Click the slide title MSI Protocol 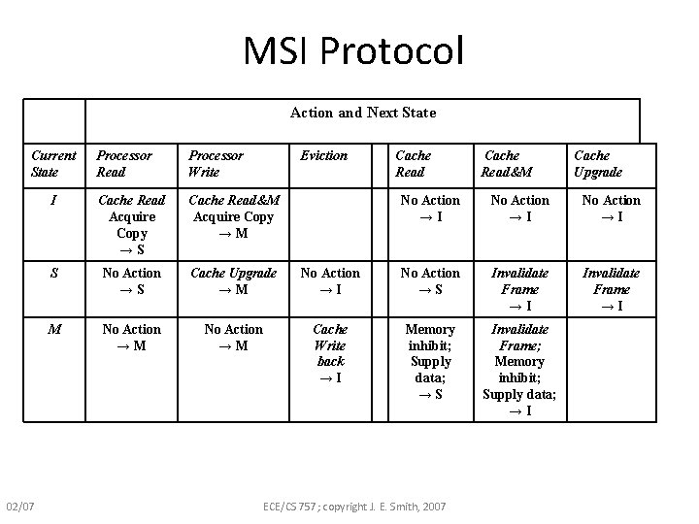pos(354,51)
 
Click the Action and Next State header pos(363,113)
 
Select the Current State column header pos(53,163)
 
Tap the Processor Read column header pos(124,163)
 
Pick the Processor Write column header pos(216,163)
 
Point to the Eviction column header pos(323,155)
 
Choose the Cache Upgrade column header pos(598,163)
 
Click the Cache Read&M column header pos(507,163)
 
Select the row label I pos(54,200)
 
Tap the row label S pos(54,274)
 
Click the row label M pos(54,329)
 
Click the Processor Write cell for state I pos(233,216)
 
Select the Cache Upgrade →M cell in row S pos(233,281)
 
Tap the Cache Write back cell pos(330,353)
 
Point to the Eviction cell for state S pos(330,281)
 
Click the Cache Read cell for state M pos(430,362)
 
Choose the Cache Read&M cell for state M pos(519,370)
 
